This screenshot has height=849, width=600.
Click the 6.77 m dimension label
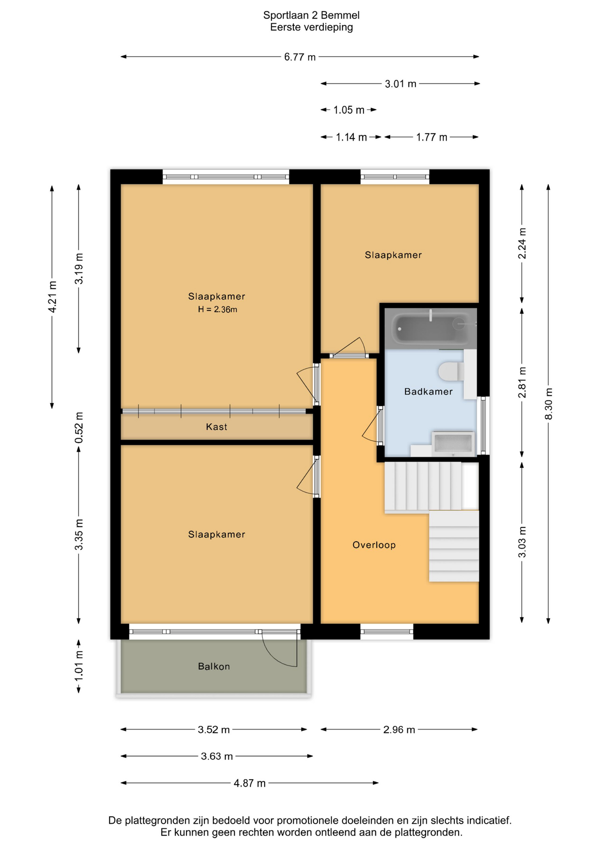[x=300, y=57]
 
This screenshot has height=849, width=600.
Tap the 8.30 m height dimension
[x=548, y=404]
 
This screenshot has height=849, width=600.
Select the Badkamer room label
[x=428, y=391]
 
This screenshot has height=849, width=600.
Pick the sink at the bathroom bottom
[x=453, y=443]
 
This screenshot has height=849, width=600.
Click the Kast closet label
[x=216, y=427]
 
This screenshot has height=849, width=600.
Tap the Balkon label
[x=214, y=666]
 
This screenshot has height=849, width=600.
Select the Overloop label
[x=374, y=545]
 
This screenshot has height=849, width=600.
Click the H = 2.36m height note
[x=217, y=310]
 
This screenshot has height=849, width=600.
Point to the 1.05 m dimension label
[x=349, y=110]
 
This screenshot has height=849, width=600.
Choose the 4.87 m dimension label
[x=250, y=783]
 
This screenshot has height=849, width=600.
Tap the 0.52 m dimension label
[x=79, y=428]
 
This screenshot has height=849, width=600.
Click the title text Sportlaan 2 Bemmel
[x=311, y=15]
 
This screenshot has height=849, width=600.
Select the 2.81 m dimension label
[x=522, y=382]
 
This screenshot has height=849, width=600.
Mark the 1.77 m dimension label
[x=432, y=138]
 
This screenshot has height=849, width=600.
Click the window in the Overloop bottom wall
[x=387, y=631]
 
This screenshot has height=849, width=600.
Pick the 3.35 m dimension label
[x=79, y=535]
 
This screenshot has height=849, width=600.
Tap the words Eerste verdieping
[x=311, y=27]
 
